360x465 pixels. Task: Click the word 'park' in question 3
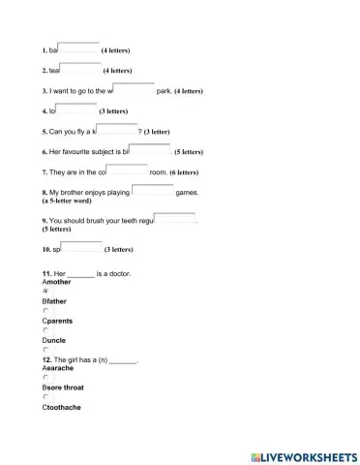(x=163, y=91)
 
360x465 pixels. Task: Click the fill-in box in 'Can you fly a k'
(x=117, y=130)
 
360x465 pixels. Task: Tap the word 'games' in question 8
(x=186, y=193)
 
